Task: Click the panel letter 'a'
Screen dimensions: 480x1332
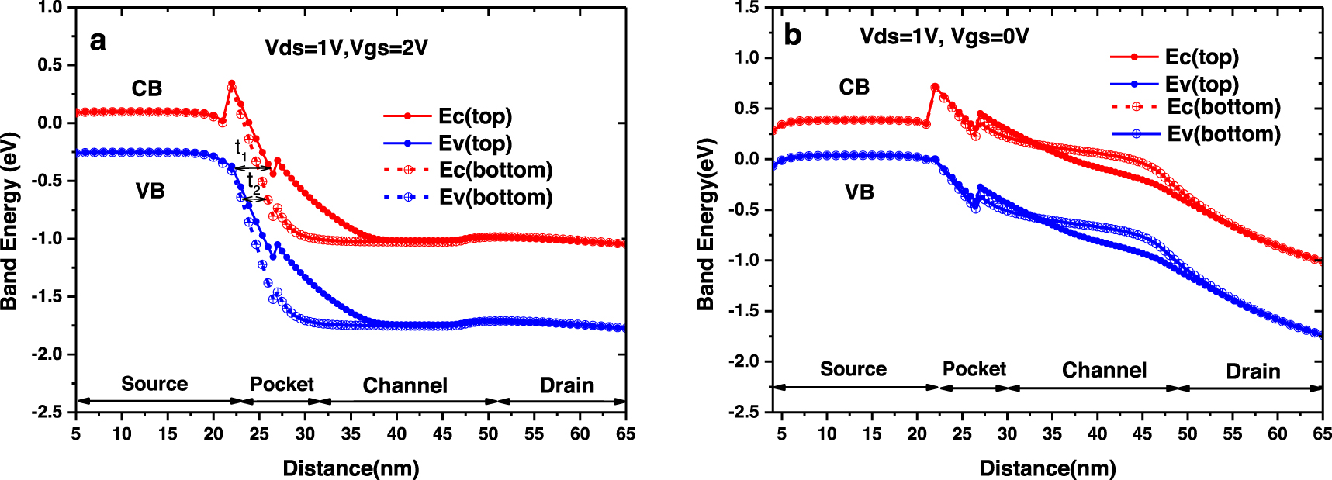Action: tap(97, 40)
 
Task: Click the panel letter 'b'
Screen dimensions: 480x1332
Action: tap(792, 36)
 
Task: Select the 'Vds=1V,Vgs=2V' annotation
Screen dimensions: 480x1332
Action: tap(346, 48)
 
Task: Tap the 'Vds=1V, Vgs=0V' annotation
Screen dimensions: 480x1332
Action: tap(944, 36)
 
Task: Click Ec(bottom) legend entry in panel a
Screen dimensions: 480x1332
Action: tap(495, 170)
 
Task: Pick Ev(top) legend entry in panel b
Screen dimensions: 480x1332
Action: tap(1201, 84)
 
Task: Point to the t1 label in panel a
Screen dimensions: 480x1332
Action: tap(240, 149)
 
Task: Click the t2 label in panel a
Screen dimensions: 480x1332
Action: tap(253, 182)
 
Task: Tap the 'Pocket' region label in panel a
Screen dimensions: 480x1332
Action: tap(282, 384)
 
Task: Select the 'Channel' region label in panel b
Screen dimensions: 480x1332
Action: tap(1103, 370)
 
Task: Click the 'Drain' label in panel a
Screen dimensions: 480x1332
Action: tap(566, 385)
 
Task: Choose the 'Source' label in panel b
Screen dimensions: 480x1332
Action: tap(853, 369)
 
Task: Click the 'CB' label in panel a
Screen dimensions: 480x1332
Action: tap(147, 88)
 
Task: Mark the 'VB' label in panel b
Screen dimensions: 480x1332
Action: tap(859, 192)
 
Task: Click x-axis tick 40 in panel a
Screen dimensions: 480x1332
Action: tap(396, 433)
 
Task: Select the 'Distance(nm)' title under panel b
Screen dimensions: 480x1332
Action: tap(1047, 468)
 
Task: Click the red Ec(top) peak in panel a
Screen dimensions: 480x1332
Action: tap(231, 83)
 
